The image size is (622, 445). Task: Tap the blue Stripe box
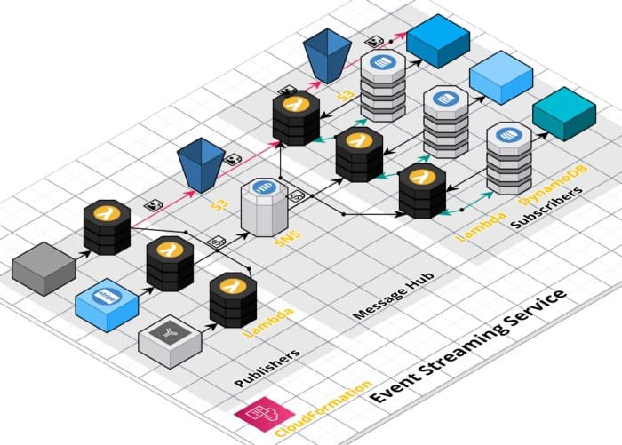click(107, 303)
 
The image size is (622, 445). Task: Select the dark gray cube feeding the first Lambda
click(44, 266)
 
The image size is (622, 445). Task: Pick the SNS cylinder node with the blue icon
click(262, 206)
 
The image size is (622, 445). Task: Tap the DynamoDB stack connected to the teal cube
click(509, 158)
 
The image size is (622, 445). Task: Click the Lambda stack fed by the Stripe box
click(170, 263)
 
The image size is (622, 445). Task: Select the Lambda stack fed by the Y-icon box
click(233, 301)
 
